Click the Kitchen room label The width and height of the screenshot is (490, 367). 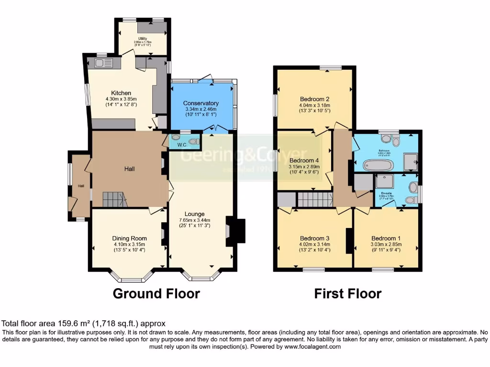[121, 93]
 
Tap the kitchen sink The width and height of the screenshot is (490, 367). [103, 63]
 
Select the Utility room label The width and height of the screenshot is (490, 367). [143, 38]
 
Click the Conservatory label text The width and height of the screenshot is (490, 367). [200, 103]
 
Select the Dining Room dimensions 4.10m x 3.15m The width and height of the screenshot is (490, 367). [129, 244]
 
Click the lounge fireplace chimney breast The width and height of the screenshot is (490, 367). [238, 232]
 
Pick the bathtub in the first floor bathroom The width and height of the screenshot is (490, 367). [378, 165]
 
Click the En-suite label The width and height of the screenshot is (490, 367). [386, 191]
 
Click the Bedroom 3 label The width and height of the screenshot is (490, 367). [314, 238]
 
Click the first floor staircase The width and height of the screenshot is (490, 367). [315, 199]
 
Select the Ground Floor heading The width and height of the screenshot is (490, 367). [156, 293]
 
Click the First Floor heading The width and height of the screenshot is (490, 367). [347, 293]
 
